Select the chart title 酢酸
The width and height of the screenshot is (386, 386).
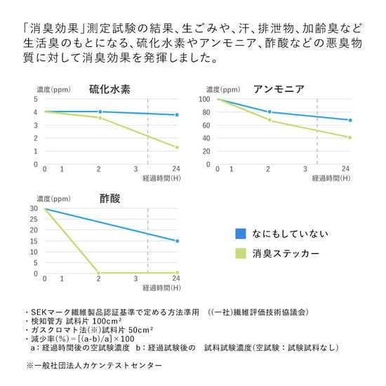coord(109,199)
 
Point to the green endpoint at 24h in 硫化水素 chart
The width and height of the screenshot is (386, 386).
coord(177,147)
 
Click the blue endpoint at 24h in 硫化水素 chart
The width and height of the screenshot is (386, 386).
coord(177,115)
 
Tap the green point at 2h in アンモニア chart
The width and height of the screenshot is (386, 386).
coord(269,121)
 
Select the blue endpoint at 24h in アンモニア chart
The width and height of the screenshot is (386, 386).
coord(350,120)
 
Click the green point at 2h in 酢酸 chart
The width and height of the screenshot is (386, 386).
coord(98,273)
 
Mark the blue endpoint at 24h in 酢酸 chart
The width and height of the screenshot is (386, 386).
coord(177,241)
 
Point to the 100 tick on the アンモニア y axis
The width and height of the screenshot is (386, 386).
coord(205,99)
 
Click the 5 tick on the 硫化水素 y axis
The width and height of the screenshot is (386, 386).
coord(36,99)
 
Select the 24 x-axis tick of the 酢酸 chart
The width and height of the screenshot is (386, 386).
coord(176,279)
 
